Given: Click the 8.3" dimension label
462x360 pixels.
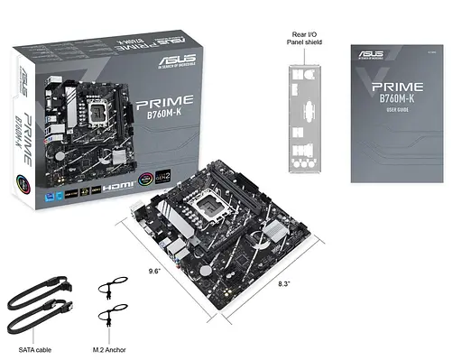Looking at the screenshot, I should [x=285, y=283].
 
